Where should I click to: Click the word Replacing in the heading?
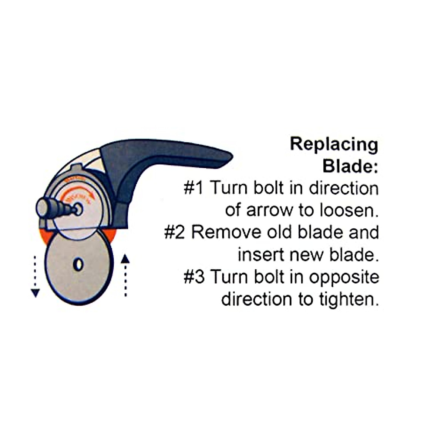334,145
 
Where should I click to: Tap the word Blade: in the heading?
350,166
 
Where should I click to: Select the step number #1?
194,188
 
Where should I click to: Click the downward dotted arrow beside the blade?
35,276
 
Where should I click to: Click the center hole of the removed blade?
78,265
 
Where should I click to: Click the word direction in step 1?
344,188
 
